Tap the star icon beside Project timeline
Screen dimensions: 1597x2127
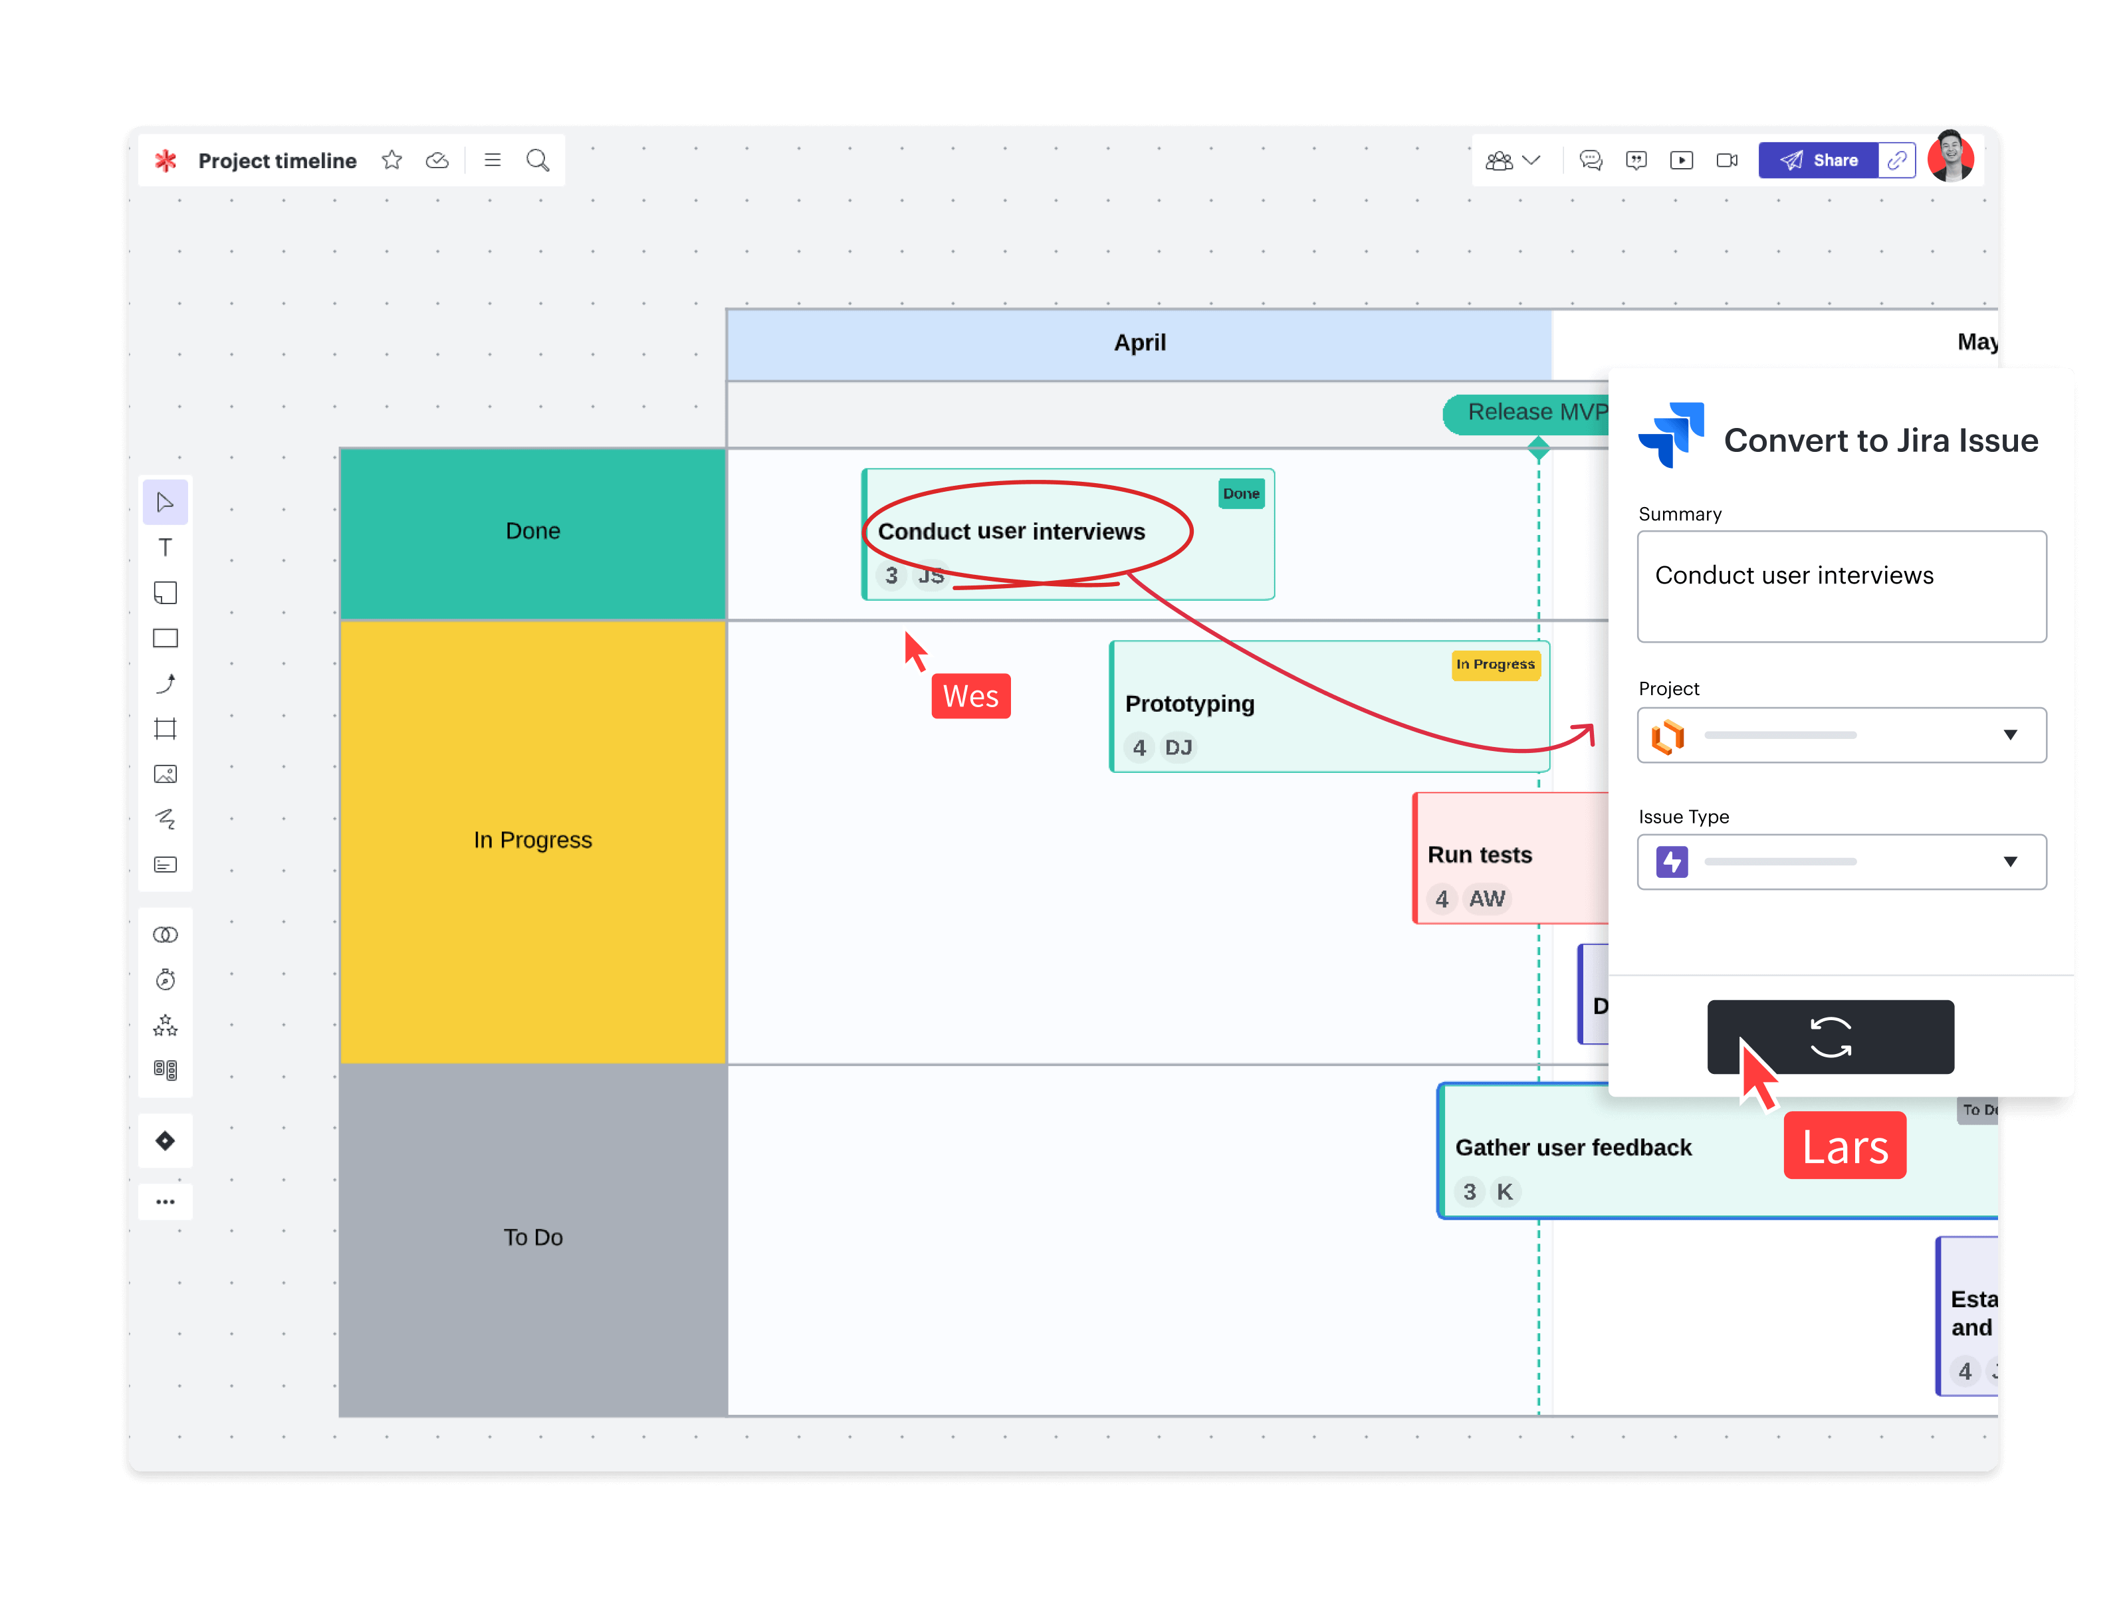click(x=392, y=161)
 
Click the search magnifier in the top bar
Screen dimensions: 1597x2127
click(x=538, y=161)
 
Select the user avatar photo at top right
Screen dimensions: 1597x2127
click(x=1950, y=157)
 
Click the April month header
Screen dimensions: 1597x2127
click(x=1139, y=343)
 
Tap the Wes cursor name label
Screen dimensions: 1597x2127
click(x=970, y=696)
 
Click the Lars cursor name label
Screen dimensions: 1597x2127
click(x=1845, y=1146)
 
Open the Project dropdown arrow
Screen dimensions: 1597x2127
click(x=2010, y=736)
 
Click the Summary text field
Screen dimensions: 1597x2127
click(x=1841, y=586)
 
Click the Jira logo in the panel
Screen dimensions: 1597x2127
click(x=1671, y=435)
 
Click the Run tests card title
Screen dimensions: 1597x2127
click(x=1479, y=855)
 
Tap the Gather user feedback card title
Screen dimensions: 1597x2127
click(x=1573, y=1148)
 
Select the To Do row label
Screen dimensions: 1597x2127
click(x=532, y=1237)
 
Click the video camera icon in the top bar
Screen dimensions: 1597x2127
click(x=1727, y=161)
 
